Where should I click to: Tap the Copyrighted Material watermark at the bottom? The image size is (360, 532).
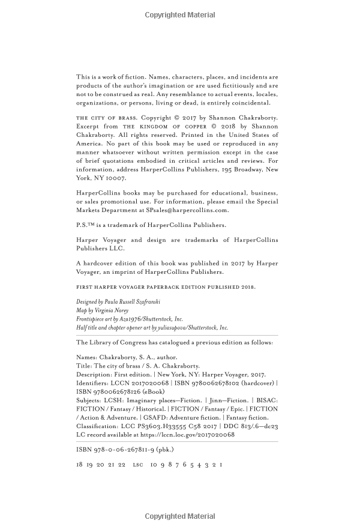click(180, 516)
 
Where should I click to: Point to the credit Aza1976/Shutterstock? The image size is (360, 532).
click(151, 319)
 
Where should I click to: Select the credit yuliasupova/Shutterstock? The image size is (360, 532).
click(191, 328)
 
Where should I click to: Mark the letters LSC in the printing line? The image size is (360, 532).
click(138, 465)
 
